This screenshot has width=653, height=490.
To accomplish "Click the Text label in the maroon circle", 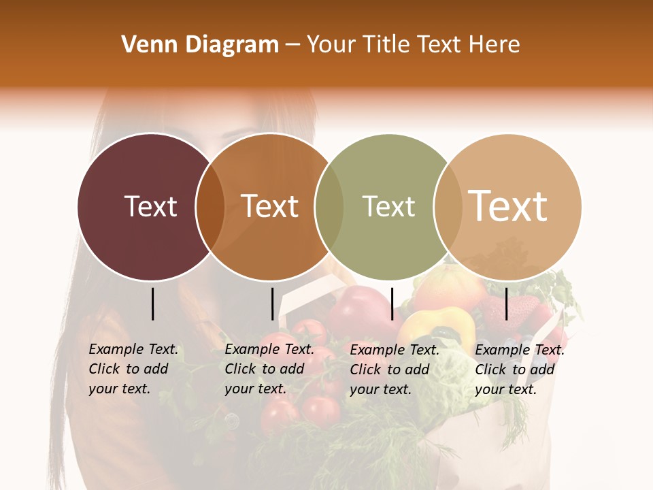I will pyautogui.click(x=150, y=206).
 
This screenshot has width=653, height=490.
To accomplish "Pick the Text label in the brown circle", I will pyautogui.click(x=270, y=206).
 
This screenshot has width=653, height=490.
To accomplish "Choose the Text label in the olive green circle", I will pyautogui.click(x=388, y=206).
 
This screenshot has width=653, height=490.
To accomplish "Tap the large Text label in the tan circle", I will pyautogui.click(x=508, y=206).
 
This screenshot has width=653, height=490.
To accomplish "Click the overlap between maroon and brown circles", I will pyautogui.click(x=210, y=207).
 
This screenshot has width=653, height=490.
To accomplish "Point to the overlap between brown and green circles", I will pyautogui.click(x=329, y=207).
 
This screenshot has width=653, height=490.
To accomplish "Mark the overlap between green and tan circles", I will pyautogui.click(x=448, y=207).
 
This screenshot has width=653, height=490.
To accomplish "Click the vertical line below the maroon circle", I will pyautogui.click(x=153, y=304).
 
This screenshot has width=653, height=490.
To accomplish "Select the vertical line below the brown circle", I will pyautogui.click(x=272, y=304).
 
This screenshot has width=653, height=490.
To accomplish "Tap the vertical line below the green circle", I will pyautogui.click(x=392, y=304).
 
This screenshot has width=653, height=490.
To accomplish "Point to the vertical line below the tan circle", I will pyautogui.click(x=507, y=304).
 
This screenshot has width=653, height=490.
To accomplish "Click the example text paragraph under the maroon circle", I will pyautogui.click(x=133, y=369).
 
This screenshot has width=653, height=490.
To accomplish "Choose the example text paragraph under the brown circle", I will pyautogui.click(x=269, y=369).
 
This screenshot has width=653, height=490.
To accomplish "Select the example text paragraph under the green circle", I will pyautogui.click(x=395, y=370).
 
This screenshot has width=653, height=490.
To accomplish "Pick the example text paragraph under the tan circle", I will pyautogui.click(x=520, y=370).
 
